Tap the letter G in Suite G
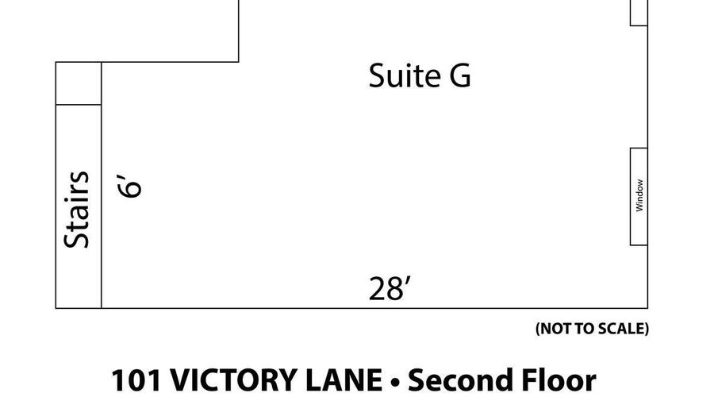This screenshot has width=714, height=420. click(x=459, y=76)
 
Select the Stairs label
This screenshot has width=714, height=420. click(x=78, y=210)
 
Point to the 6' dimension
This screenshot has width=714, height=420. click(x=131, y=186)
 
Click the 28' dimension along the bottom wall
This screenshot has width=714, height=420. click(x=390, y=289)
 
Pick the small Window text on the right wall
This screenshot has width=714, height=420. click(x=639, y=195)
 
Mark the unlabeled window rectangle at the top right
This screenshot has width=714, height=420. click(x=639, y=12)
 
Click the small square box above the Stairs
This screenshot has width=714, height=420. click(x=78, y=83)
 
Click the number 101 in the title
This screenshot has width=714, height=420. click(x=132, y=380)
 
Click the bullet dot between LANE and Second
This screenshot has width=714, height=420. click(x=396, y=382)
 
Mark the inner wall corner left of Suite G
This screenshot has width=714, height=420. click(x=239, y=61)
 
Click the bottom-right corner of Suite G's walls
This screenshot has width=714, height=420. click(x=648, y=308)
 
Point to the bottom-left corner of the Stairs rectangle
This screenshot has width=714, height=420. click(x=56, y=308)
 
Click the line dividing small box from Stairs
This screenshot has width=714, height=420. click(x=78, y=105)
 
